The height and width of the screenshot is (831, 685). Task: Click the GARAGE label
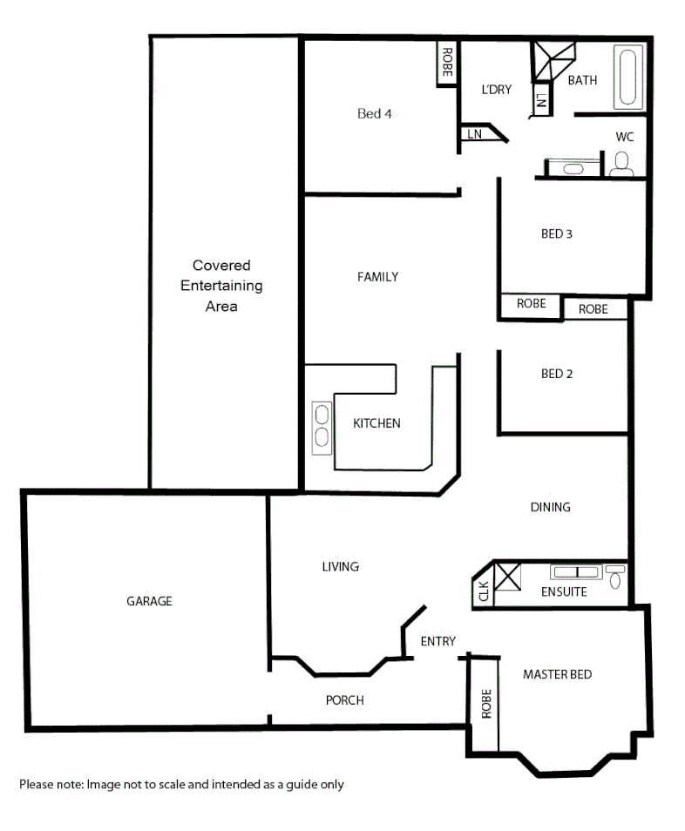(x=149, y=601)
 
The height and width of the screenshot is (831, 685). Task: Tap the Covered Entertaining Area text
(x=221, y=286)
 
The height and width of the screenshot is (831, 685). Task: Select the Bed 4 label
(x=375, y=113)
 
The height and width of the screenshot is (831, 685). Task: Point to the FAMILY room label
(x=377, y=277)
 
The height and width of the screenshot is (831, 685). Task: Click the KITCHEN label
(x=376, y=423)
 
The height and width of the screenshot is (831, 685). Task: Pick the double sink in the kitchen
(x=321, y=426)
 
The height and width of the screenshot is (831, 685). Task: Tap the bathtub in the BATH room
(x=627, y=78)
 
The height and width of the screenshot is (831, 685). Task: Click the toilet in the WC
(x=622, y=164)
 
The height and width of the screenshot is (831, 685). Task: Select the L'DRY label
(x=496, y=90)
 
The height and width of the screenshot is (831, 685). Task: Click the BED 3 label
(x=556, y=233)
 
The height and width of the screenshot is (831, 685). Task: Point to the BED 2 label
(x=556, y=374)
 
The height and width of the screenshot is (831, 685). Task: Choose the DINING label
(x=550, y=507)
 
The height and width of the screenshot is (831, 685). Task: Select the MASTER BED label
(x=557, y=674)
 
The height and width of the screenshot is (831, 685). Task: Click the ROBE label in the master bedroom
(x=486, y=703)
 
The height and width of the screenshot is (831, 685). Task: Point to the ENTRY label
(x=437, y=642)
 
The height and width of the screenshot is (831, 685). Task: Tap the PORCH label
(x=344, y=700)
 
